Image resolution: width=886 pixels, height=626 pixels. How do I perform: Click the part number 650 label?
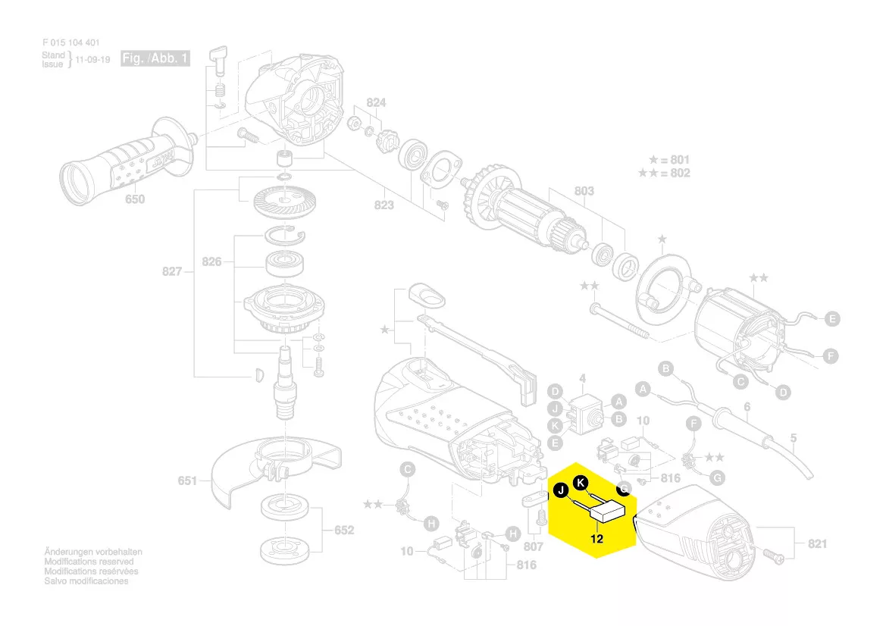[134, 199]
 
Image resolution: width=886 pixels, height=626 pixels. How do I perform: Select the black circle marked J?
[561, 490]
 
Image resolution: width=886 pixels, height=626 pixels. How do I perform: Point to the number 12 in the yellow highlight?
[596, 540]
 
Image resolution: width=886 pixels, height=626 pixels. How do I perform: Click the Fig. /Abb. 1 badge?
[155, 58]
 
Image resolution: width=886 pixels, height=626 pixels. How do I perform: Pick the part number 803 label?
[584, 192]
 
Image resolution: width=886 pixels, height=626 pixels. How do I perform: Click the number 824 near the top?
[376, 102]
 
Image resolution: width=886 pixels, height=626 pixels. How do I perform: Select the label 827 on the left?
[172, 271]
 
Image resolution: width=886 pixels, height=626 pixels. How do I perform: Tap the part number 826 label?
[211, 261]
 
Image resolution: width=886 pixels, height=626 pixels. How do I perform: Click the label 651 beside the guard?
[187, 480]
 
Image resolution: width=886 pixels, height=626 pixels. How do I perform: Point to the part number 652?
[343, 530]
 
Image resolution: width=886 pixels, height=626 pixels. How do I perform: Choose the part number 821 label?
[817, 543]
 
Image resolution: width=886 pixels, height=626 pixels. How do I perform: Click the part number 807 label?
[534, 546]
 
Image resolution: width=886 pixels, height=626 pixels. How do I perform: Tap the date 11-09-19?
[93, 59]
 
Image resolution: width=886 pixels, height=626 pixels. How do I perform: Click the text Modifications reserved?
[89, 562]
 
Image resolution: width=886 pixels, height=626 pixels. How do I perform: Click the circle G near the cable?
[718, 477]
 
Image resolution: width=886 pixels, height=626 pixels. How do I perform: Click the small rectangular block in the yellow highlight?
[609, 513]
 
